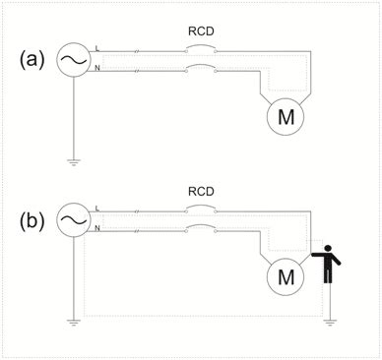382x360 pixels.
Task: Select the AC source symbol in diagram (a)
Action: pos(73,60)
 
